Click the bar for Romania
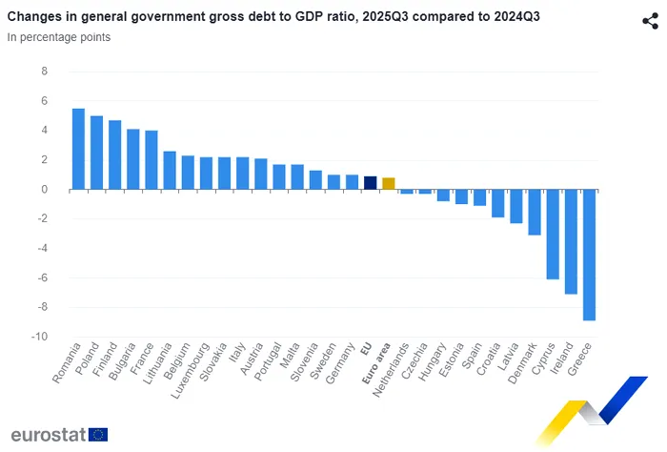click(78, 149)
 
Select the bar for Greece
click(589, 255)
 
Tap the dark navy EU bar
click(370, 183)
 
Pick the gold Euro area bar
click(388, 183)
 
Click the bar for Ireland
click(571, 241)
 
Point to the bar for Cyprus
click(553, 234)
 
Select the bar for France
click(151, 159)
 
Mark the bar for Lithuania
click(169, 170)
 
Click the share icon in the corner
click(650, 21)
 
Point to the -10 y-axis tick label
click(39, 337)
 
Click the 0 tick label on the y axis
click(44, 190)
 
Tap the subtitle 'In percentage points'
click(59, 37)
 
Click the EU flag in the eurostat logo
click(97, 435)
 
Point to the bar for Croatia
click(497, 203)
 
